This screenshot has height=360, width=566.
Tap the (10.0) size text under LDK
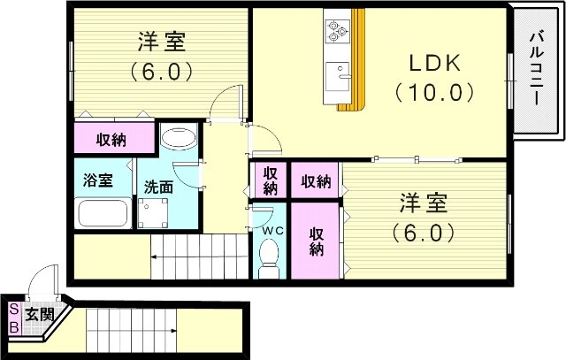435,91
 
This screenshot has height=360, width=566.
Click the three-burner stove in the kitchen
336,30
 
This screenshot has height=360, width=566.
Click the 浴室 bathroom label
97,180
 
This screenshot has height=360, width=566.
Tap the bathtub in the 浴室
103,214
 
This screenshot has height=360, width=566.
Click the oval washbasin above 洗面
180,139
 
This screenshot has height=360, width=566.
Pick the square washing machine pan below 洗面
154,213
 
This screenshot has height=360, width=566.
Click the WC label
271,229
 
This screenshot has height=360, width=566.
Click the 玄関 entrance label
38,314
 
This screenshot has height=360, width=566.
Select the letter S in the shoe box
13,310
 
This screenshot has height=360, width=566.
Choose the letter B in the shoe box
13,326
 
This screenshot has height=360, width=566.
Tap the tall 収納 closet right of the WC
317,241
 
